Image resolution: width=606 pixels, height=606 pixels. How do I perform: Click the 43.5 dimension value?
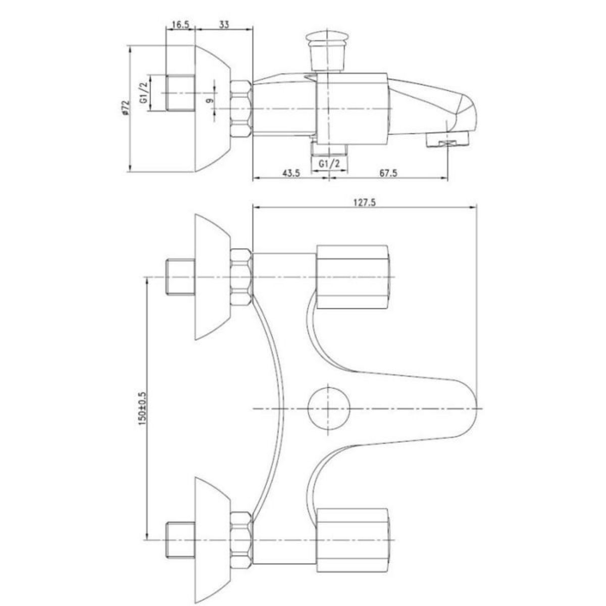coord(291,173)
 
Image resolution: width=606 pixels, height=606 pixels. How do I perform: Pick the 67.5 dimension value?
coord(388,173)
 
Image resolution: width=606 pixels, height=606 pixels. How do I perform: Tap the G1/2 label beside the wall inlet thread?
coord(144,93)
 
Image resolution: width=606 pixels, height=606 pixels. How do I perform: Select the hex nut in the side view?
coord(241,109)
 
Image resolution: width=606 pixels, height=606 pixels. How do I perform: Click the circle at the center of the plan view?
coord(329,408)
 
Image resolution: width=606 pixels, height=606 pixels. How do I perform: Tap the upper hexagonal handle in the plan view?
coord(353,277)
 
